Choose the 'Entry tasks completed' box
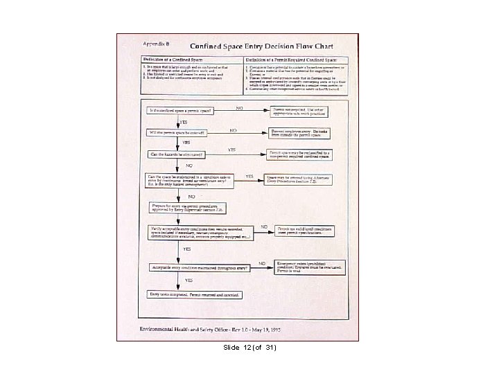195,295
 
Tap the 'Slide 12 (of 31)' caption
249,346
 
